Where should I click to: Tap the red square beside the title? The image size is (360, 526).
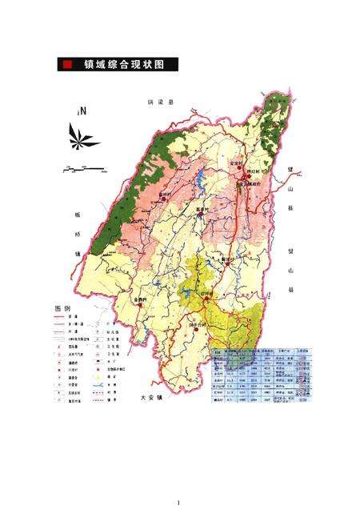click(x=70, y=65)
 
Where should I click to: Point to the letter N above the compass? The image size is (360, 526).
click(x=81, y=112)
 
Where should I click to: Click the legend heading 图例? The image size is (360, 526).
click(x=63, y=308)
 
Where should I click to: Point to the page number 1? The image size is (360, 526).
click(x=179, y=503)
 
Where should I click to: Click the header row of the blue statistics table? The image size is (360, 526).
click(x=262, y=351)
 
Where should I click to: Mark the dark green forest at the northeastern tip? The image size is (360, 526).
click(x=274, y=128)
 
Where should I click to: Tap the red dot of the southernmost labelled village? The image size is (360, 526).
click(x=195, y=328)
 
